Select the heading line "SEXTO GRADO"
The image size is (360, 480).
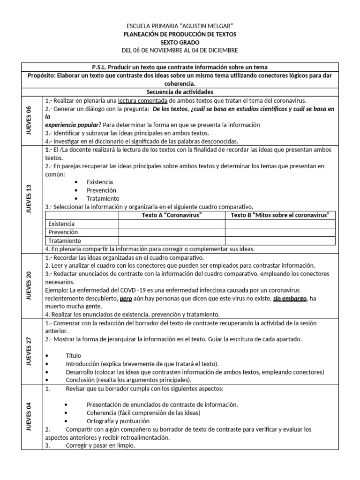tap(180, 42)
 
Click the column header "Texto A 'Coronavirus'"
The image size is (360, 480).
tap(172, 215)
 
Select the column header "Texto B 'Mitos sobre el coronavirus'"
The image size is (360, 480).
tap(280, 215)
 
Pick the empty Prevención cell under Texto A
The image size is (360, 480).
tap(172, 232)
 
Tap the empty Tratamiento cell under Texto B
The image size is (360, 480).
tap(280, 240)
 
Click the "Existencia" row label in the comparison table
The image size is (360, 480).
tap(61, 224)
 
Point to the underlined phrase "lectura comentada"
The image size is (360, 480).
tap(143, 100)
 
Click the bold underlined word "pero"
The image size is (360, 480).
tap(126, 298)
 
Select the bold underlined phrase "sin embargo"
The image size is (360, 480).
tap(291, 298)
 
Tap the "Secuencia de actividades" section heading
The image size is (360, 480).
tap(180, 92)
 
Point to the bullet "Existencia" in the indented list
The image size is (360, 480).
tap(99, 182)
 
